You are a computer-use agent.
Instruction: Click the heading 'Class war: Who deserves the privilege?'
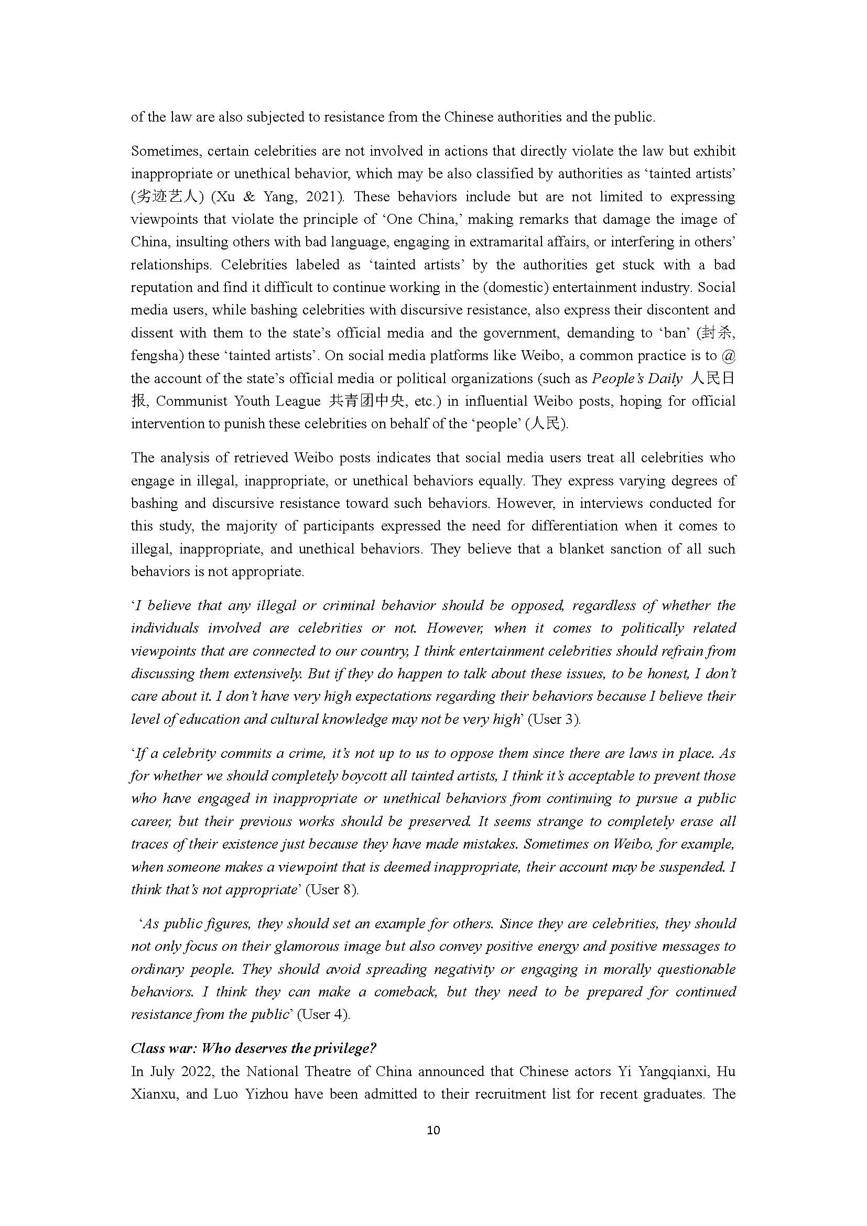coord(253,1048)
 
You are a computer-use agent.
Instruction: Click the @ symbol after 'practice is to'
coord(728,355)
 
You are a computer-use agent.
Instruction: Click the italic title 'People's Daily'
coord(637,378)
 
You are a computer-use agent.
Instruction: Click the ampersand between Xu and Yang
coord(249,197)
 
